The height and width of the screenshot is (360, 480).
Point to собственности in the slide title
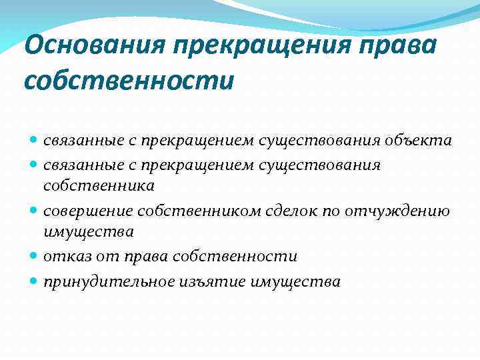tap(129, 81)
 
